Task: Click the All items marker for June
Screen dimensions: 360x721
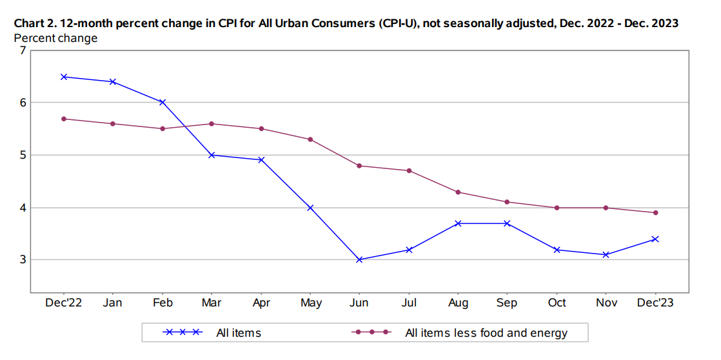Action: [359, 260]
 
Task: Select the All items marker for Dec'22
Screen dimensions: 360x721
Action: [64, 77]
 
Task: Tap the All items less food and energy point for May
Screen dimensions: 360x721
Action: [310, 139]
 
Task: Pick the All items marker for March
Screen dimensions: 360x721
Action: [212, 155]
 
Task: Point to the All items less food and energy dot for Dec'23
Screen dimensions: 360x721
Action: [655, 213]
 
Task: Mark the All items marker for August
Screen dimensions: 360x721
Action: [458, 223]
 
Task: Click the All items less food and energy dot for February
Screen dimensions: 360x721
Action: [163, 129]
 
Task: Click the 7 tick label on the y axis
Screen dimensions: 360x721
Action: [23, 50]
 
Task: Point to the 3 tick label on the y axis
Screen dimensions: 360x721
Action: [23, 260]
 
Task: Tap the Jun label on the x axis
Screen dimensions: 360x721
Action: [359, 303]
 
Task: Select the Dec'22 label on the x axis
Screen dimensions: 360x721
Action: [64, 303]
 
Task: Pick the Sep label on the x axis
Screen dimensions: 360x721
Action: [507, 303]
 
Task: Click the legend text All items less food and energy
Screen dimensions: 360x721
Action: [486, 333]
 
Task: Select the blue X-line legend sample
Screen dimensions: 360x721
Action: [183, 333]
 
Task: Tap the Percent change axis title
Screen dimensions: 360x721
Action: [56, 38]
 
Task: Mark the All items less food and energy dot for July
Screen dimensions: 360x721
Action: [409, 171]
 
